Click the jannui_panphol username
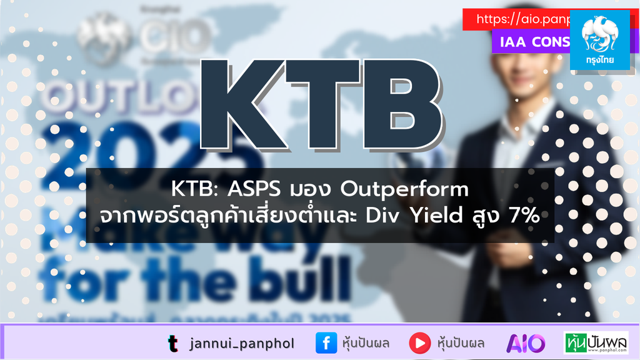(x=241, y=343)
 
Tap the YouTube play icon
(x=419, y=343)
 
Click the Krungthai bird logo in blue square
(x=599, y=34)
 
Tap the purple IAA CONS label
(x=531, y=42)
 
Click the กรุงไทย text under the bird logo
(x=599, y=62)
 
